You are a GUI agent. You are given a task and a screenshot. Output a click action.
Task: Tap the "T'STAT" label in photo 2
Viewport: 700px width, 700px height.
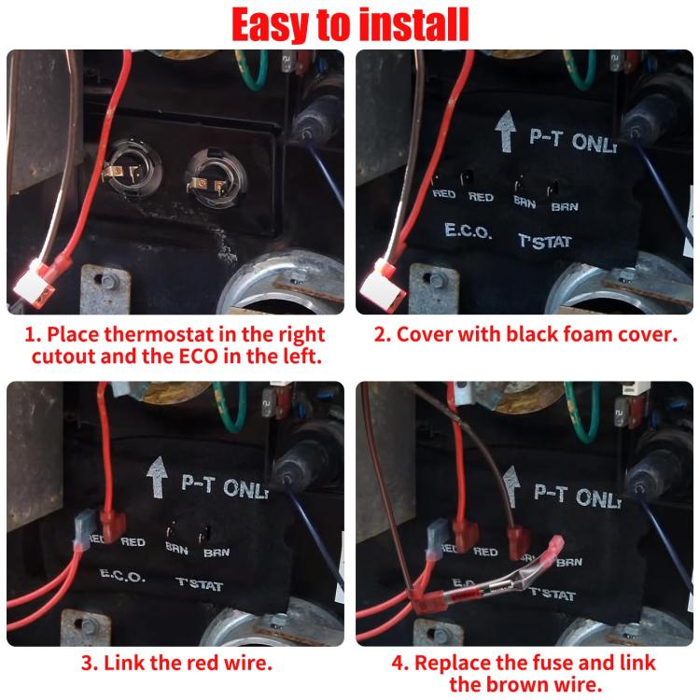click(545, 241)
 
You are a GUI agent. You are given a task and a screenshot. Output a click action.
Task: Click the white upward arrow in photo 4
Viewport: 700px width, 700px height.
click(509, 485)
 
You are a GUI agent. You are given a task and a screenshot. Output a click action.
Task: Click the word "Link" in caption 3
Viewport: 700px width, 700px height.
click(127, 665)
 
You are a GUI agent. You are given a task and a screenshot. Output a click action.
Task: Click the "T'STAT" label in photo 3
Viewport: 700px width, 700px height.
click(199, 582)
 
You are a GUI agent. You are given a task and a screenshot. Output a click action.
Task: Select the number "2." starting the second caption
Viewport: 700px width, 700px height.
click(384, 333)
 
